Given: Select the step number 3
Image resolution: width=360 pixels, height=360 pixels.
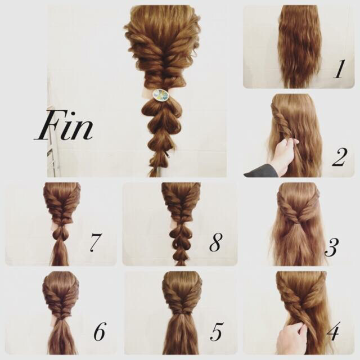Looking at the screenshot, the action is coord(331,247).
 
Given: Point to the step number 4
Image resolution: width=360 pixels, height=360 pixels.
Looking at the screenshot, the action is coord(333,331).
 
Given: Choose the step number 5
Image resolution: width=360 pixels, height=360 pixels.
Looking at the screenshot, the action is coord(216,331).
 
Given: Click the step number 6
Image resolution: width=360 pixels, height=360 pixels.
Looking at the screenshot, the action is coord(100,331).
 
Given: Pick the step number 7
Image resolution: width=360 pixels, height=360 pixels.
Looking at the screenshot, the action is coord(94,243).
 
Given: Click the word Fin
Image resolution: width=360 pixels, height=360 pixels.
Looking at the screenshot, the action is coord(64,125).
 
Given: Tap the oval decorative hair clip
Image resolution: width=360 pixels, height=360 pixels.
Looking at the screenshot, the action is coord(161,94).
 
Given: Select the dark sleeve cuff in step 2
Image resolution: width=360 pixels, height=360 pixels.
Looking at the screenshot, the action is coord(261,171).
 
